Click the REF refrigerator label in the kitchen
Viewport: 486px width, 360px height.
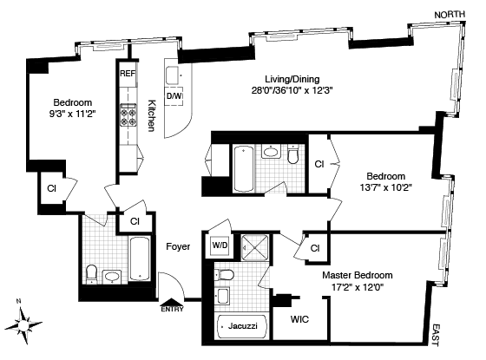tap(128, 74)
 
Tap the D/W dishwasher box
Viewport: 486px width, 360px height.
tap(174, 95)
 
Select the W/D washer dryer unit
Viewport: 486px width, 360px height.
tap(220, 245)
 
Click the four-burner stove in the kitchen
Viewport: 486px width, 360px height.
tap(128, 115)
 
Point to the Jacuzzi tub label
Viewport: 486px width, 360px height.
tap(243, 325)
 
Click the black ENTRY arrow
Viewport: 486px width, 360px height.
tap(172, 303)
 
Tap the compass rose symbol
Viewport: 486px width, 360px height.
tap(23, 324)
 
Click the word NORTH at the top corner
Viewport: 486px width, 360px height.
tap(450, 15)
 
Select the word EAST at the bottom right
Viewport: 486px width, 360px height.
tap(435, 335)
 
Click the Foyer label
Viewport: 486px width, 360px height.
tap(178, 246)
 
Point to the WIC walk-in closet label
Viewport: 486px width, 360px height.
tap(299, 319)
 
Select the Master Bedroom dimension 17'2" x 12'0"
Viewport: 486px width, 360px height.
tap(358, 287)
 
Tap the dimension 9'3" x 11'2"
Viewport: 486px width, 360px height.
tap(72, 114)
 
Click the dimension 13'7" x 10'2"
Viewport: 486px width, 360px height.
tap(385, 187)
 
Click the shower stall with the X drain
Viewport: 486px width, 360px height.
tap(255, 247)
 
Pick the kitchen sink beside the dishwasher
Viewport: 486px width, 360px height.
tap(173, 75)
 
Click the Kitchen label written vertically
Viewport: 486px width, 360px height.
tap(152, 115)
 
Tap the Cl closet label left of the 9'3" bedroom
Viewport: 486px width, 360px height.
tap(51, 188)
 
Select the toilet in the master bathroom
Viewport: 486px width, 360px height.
tap(224, 274)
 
